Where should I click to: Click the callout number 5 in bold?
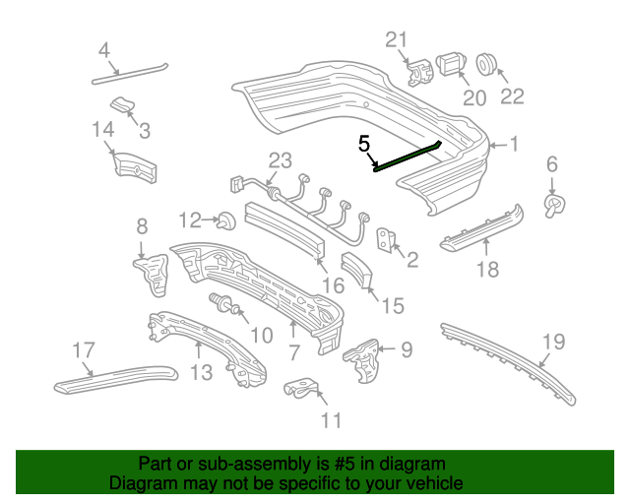coord(364,145)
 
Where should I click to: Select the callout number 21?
coord(396,39)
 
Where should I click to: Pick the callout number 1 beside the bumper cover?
coord(514,146)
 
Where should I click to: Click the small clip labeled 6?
coord(554,204)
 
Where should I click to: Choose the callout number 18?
coord(487,269)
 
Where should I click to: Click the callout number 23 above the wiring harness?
coord(281,160)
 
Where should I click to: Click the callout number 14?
coord(103,129)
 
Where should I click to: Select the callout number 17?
coord(83,348)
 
